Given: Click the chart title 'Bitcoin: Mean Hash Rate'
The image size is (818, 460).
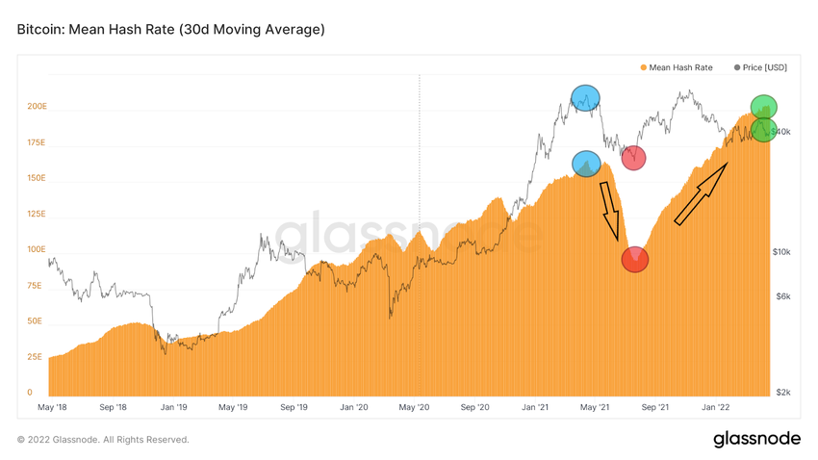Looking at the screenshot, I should pyautogui.click(x=170, y=30).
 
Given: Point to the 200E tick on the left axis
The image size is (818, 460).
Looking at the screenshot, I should pyautogui.click(x=36, y=106).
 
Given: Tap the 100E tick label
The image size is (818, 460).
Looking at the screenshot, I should pyautogui.click(x=36, y=249).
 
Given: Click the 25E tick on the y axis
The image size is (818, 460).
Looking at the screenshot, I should pyautogui.click(x=34, y=357).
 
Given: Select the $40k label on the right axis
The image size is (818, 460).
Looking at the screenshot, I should pyautogui.click(x=783, y=131).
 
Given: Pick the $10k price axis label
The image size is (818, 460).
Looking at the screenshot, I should pyautogui.click(x=782, y=252).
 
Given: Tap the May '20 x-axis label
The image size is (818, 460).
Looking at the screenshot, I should pyautogui.click(x=414, y=408).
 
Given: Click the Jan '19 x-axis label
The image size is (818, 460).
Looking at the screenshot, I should pyautogui.click(x=173, y=408).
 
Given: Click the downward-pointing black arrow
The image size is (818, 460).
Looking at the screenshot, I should pyautogui.click(x=610, y=212).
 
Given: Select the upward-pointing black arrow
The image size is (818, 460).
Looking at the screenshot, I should pyautogui.click(x=700, y=192).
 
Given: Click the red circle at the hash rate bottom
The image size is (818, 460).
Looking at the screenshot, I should pyautogui.click(x=635, y=259).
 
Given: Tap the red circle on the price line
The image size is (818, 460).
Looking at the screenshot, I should pyautogui.click(x=633, y=158).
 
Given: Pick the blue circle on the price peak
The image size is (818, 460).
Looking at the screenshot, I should pyautogui.click(x=585, y=97).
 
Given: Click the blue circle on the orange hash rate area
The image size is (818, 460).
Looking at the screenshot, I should pyautogui.click(x=586, y=165).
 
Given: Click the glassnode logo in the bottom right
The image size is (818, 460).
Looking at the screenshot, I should pyautogui.click(x=756, y=439).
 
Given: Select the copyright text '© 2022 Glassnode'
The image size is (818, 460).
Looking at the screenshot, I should pyautogui.click(x=103, y=440).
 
